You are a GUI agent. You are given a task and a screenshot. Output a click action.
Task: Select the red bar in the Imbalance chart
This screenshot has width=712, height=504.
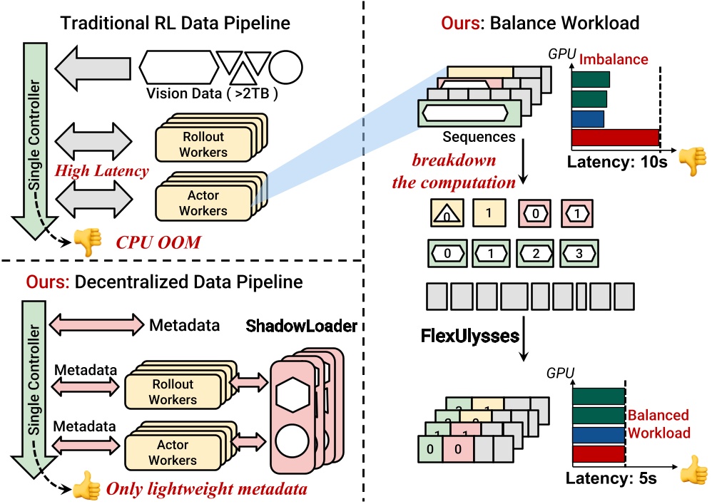[x=614, y=138]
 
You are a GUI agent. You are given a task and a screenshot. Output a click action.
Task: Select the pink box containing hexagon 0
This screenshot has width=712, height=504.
[x=538, y=213]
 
